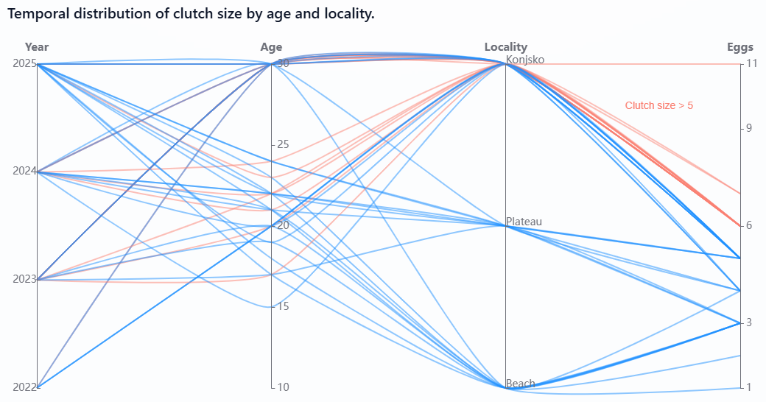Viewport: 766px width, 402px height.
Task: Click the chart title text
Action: pos(191,14)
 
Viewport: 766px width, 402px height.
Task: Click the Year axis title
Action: pos(37,47)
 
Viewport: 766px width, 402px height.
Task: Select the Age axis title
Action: pos(271,47)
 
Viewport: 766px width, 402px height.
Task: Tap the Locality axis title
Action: pos(505,47)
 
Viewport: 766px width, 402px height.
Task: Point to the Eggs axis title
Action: pos(740,47)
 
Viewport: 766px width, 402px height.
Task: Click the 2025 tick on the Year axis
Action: pos(24,64)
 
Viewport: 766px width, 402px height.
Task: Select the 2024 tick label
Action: pos(24,172)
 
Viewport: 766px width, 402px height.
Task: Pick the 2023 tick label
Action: pos(24,280)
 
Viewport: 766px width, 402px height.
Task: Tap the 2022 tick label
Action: pos(24,387)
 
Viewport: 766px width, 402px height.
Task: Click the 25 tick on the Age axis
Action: pos(283,144)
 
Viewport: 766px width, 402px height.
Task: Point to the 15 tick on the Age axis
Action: pos(283,306)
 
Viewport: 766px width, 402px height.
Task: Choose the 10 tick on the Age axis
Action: pos(283,387)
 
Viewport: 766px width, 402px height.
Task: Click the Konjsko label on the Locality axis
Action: pos(525,60)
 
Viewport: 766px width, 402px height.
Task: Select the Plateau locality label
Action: pos(524,222)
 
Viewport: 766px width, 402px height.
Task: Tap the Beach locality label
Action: pos(521,384)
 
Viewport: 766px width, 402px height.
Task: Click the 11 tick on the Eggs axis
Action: pos(752,64)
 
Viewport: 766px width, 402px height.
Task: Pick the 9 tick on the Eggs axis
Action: pos(750,128)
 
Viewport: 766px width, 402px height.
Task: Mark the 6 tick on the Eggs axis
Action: pos(750,225)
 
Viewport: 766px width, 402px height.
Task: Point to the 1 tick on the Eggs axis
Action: pos(750,387)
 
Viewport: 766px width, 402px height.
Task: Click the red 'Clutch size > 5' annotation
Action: pos(658,105)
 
